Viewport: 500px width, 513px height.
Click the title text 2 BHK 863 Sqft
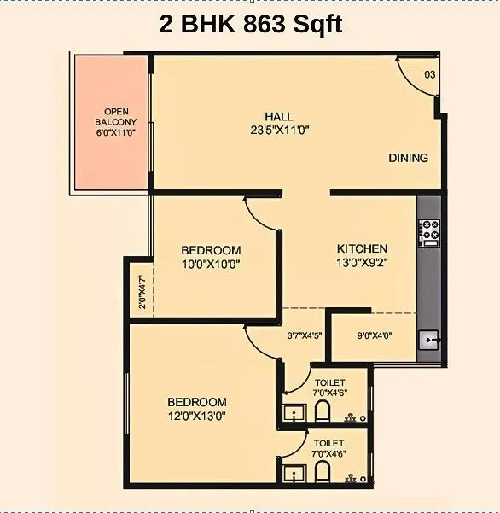(x=251, y=24)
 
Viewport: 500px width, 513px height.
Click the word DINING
(x=408, y=158)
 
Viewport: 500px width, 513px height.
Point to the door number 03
(x=429, y=75)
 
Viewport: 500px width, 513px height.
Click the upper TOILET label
(x=329, y=382)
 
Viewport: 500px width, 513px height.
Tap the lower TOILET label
(x=329, y=443)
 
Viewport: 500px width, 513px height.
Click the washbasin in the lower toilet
(x=294, y=475)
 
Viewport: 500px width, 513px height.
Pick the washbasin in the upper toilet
(x=294, y=414)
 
